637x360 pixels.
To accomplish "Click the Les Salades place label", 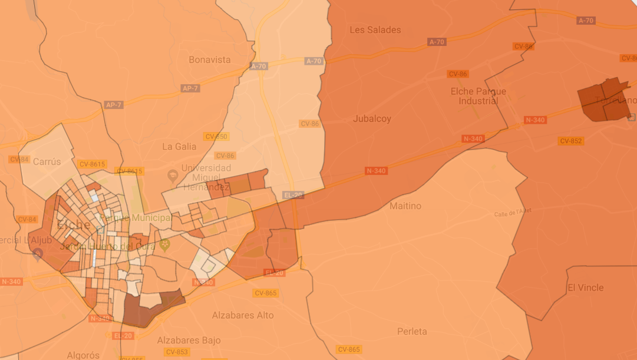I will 375,30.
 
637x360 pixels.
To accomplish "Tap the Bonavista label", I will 210,60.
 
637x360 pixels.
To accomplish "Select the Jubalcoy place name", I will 372,119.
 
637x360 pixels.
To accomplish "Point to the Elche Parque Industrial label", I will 478,96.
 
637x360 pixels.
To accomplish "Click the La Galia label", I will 179,146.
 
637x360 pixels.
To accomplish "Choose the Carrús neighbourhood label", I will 47,162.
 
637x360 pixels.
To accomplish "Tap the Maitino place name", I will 405,206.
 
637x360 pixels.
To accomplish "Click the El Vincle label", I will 585,288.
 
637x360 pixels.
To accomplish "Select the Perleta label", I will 412,331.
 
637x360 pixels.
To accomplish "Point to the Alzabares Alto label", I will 243,315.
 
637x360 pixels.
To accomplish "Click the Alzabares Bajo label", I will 189,341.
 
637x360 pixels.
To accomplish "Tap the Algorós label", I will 83,355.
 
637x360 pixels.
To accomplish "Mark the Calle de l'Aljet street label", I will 513,212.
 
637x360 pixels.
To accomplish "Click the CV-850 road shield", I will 216,137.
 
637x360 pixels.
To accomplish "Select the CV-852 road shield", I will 571,141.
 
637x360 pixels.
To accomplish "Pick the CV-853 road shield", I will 177,352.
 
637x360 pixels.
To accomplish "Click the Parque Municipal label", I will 136,218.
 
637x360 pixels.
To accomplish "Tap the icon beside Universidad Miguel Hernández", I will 173,175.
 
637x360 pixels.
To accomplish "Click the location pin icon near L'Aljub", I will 38,255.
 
